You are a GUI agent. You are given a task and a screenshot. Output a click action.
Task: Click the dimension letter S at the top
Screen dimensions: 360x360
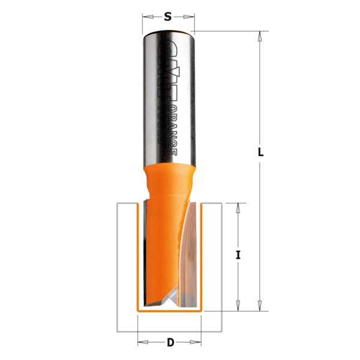click(x=168, y=17)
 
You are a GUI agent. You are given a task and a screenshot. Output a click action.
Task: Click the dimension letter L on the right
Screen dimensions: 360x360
click(x=260, y=152)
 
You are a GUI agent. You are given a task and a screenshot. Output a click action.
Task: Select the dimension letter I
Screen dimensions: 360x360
click(x=238, y=255)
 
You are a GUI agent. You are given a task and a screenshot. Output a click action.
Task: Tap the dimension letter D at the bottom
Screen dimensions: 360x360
click(x=170, y=343)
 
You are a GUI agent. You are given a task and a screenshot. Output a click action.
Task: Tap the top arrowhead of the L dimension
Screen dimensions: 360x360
click(x=260, y=35)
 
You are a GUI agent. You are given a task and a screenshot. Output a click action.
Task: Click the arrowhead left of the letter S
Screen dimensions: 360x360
click(x=146, y=17)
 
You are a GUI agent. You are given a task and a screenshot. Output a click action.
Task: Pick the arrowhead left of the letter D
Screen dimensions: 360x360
click(x=142, y=343)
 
